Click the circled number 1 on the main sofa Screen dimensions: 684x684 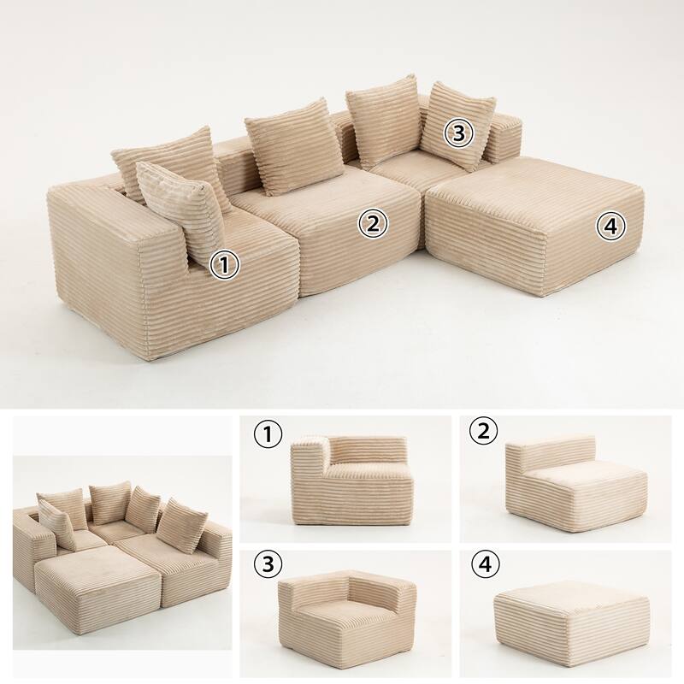coord(224,266)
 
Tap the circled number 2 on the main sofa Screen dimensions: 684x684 coord(373,223)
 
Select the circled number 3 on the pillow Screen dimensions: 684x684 coord(459,133)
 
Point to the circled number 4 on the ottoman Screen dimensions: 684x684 coord(611,227)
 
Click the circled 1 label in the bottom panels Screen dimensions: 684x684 coord(268,434)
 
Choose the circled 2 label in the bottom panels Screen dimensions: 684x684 coord(484,431)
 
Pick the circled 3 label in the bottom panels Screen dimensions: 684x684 coord(268,564)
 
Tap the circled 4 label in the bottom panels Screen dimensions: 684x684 coord(486,564)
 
